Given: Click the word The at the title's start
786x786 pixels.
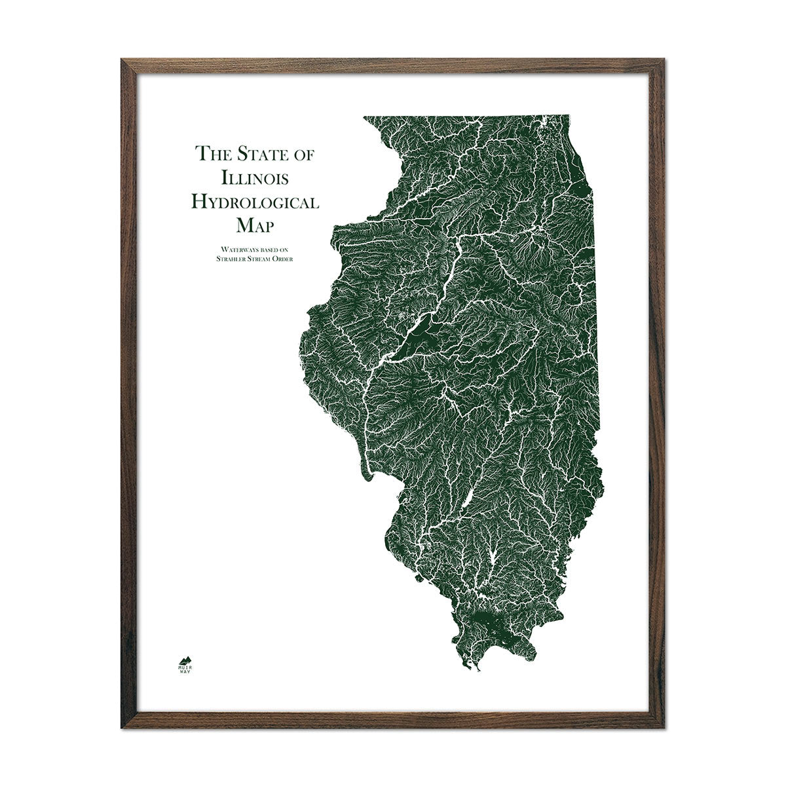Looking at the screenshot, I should coord(212,155).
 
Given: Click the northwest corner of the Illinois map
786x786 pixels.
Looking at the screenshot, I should coord(364,117).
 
